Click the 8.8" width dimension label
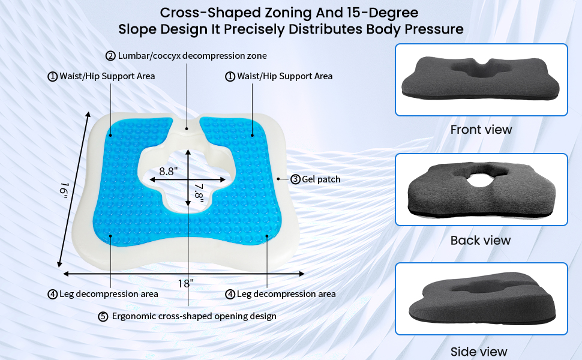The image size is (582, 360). [168, 170]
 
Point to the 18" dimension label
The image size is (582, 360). [186, 283]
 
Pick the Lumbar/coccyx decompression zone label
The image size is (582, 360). [191, 56]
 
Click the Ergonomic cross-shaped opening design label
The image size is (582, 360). [194, 316]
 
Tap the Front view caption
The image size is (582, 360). [481, 130]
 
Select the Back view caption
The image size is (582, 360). [481, 240]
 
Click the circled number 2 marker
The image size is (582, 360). [110, 56]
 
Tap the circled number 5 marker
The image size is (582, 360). [103, 316]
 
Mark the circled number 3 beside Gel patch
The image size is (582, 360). [295, 179]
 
